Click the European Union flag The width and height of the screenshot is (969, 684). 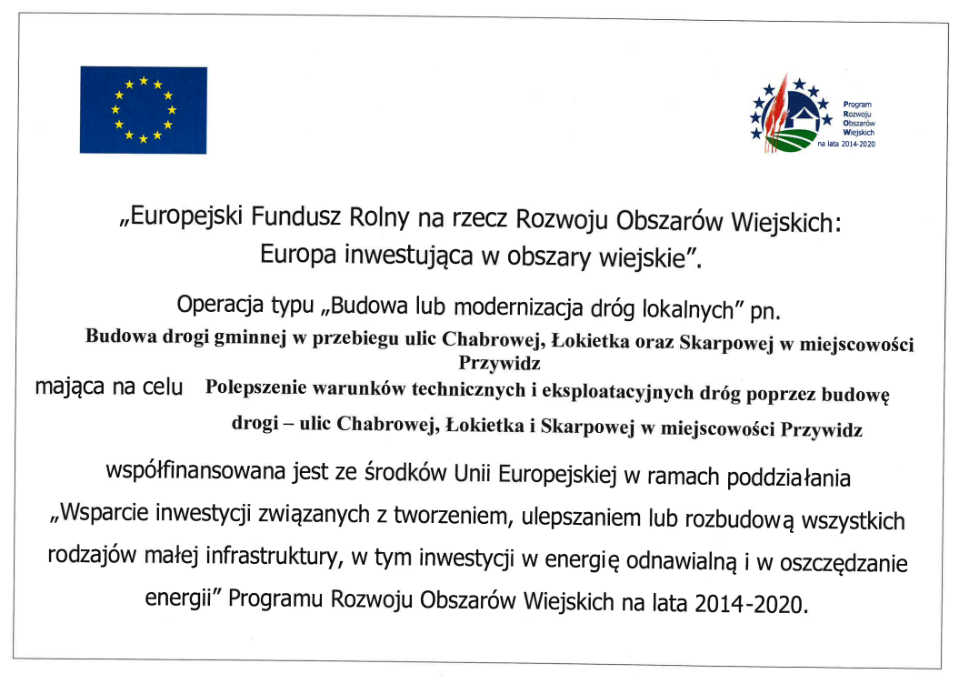click(x=143, y=109)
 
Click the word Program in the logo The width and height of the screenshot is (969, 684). click(x=857, y=105)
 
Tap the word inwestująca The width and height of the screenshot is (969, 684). click(x=408, y=256)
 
